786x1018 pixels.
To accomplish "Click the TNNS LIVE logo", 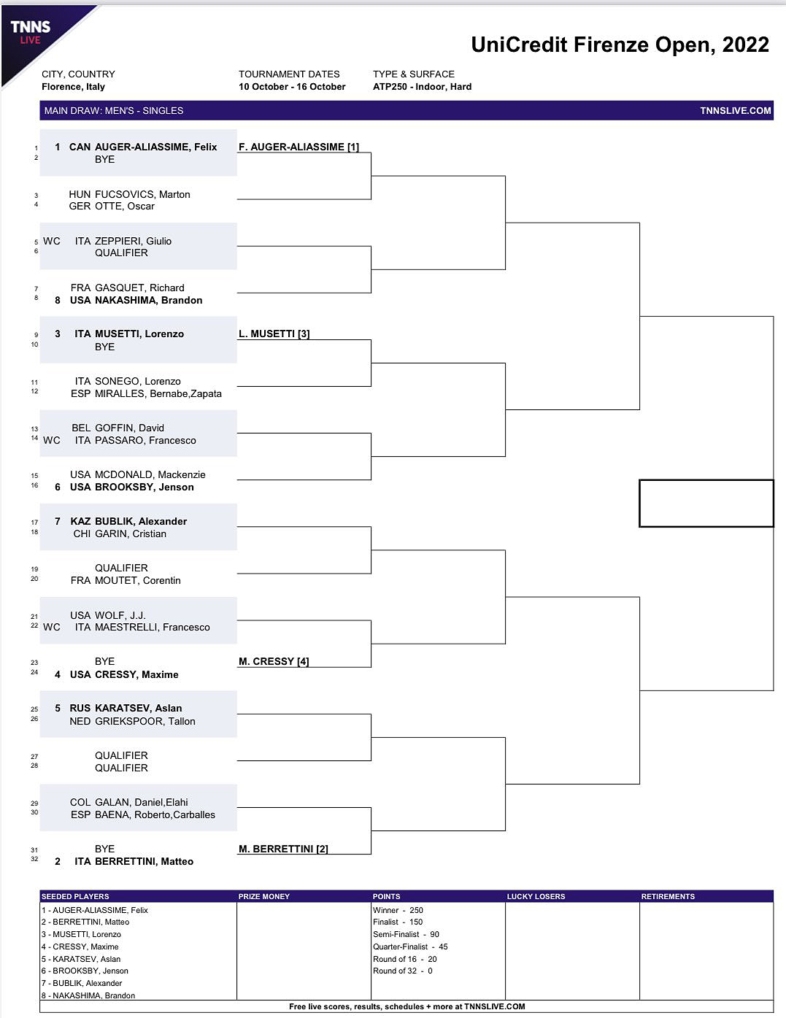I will [x=31, y=31].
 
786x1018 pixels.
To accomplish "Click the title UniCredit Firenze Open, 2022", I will [x=620, y=45].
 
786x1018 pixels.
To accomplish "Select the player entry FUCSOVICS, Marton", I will [x=142, y=194].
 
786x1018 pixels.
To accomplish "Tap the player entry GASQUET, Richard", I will [x=139, y=288].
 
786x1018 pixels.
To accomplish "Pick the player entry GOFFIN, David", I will [x=128, y=428].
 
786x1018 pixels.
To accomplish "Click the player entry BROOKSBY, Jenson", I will [x=144, y=487].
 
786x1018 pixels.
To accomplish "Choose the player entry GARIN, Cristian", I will [x=130, y=533].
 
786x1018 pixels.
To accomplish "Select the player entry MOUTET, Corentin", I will [x=137, y=580].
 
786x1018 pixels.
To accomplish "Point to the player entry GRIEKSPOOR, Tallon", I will [x=145, y=721].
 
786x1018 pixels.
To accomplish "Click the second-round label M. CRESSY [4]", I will [x=274, y=661].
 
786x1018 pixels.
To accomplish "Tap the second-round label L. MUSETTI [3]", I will [x=274, y=333].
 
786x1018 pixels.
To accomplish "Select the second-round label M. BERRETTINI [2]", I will [x=283, y=849].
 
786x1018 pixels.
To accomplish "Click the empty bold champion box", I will [x=706, y=503].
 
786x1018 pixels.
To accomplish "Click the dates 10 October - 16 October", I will [x=292, y=86].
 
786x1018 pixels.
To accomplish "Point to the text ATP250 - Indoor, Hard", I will [x=422, y=86].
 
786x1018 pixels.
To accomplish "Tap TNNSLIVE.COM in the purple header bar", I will [x=735, y=111].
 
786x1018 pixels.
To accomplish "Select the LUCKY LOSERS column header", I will [x=536, y=896].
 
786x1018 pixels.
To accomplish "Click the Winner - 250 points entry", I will [x=398, y=910].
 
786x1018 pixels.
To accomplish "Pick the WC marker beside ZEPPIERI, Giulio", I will [x=52, y=241].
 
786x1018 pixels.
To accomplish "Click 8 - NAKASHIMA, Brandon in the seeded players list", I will [x=88, y=995].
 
